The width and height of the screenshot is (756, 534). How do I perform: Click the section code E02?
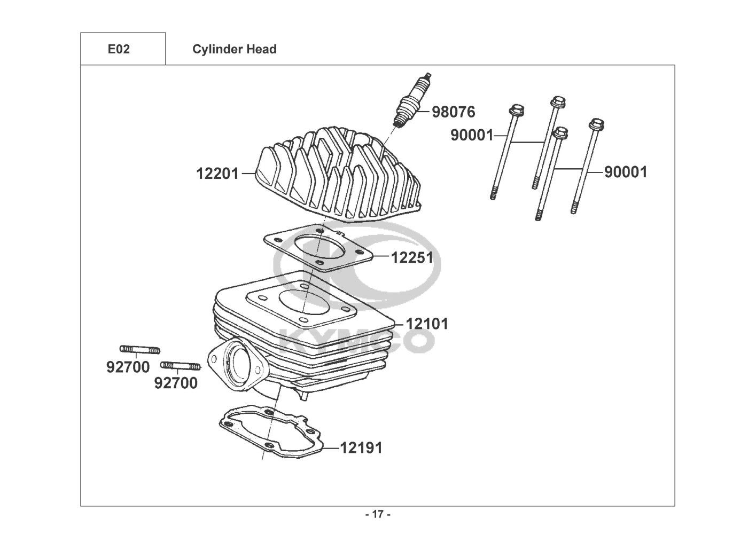coord(119,49)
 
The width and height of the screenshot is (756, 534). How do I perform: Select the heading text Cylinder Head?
coord(234,49)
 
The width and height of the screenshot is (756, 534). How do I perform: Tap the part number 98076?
coord(453,112)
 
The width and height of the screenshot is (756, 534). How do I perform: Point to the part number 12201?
coord(217,174)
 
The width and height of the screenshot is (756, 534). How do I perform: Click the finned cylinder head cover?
coord(338,175)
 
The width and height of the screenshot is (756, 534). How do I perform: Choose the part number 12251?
coord(412,258)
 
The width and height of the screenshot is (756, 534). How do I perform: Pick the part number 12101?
coord(427,324)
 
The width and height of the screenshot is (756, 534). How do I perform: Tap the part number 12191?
coord(361,448)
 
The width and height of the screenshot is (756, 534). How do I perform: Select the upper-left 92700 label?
coord(128,367)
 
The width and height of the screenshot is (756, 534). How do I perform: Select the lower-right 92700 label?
coord(176,383)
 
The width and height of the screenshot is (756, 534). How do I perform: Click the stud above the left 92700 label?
coord(140,350)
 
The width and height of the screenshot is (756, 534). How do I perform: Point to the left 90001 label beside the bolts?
coord(472,135)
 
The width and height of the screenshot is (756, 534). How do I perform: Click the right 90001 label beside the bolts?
coord(626,172)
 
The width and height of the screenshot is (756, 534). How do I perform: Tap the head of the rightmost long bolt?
coord(596,124)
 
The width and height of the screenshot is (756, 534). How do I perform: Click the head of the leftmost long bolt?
coord(516,109)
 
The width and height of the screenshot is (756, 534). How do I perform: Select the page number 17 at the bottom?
coord(378,514)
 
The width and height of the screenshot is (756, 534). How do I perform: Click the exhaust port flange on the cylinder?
coord(236,366)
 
